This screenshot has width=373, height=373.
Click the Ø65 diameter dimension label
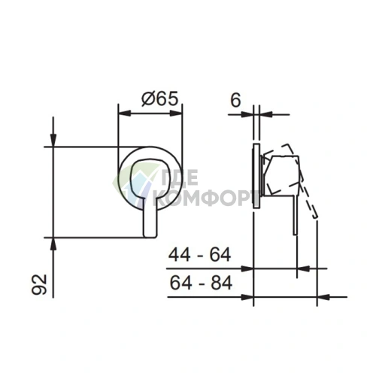click(x=159, y=99)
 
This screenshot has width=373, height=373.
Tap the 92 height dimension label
click(x=39, y=284)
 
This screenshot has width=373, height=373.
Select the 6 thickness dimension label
click(x=235, y=100)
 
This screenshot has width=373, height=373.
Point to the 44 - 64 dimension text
click(x=199, y=255)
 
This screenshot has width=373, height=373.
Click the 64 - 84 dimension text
click(x=201, y=283)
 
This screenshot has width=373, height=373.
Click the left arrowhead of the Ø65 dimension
click(x=125, y=113)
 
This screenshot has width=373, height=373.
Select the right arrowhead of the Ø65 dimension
click(x=176, y=113)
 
